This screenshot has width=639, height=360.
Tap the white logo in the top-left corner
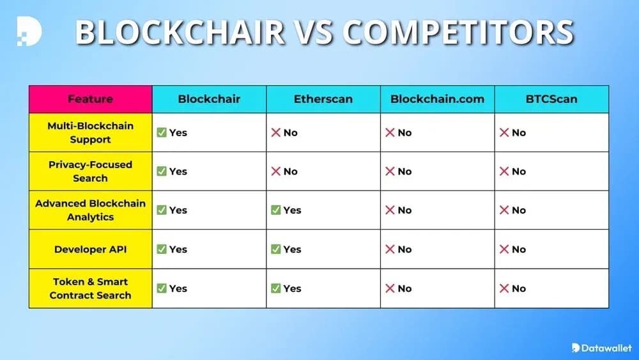pyautogui.click(x=29, y=31)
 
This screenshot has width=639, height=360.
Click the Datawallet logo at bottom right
pyautogui.click(x=601, y=347)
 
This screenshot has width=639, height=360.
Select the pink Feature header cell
pyautogui.click(x=90, y=99)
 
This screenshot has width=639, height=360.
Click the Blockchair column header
pyautogui.click(x=209, y=99)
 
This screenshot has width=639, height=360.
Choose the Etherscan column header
pyautogui.click(x=323, y=99)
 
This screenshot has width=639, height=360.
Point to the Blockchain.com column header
pyautogui.click(x=437, y=99)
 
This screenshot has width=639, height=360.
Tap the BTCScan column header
pyautogui.click(x=551, y=99)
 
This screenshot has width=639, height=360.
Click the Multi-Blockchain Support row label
pyautogui.click(x=90, y=132)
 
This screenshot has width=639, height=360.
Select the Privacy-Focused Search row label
pyautogui.click(x=90, y=171)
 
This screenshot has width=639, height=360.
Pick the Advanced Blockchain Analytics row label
pyautogui.click(x=90, y=210)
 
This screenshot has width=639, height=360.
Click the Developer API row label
pyautogui.click(x=90, y=249)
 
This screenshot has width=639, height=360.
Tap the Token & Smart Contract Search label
pyautogui.click(x=90, y=288)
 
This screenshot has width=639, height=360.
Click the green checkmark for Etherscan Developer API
pyautogui.click(x=276, y=249)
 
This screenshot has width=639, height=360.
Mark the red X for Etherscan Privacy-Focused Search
pyautogui.click(x=276, y=171)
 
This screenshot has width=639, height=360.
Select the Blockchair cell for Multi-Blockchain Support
pyautogui.click(x=209, y=132)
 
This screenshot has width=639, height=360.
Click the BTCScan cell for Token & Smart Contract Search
pyautogui.click(x=551, y=288)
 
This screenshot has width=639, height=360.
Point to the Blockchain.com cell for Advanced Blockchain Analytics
pyautogui.click(x=437, y=210)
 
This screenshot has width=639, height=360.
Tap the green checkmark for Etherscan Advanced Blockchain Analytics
pyautogui.click(x=276, y=210)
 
